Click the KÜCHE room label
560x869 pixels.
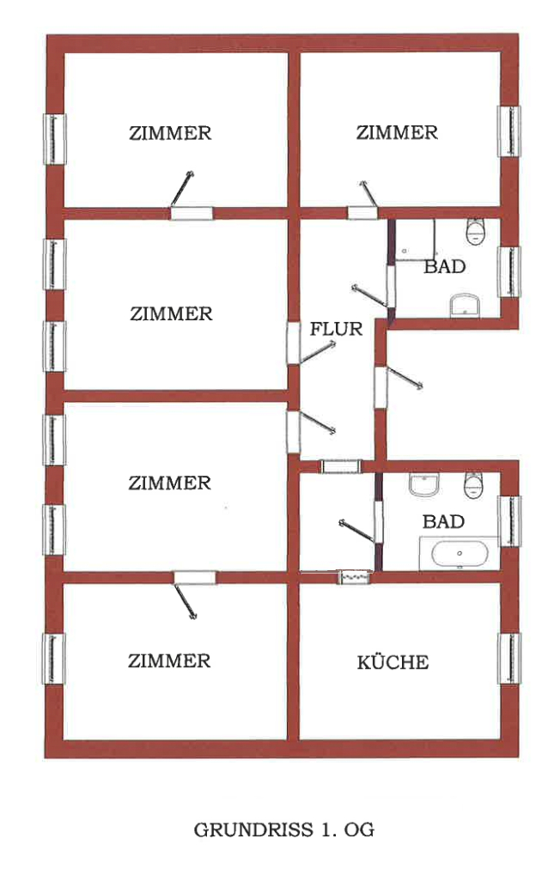click(x=393, y=663)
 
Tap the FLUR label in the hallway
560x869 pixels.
click(x=336, y=328)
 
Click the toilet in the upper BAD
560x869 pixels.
click(x=474, y=231)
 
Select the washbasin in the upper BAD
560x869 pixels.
click(x=465, y=305)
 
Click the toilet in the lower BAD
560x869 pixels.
click(x=475, y=484)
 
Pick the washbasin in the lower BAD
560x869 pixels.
click(x=424, y=485)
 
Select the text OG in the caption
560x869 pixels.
click(x=359, y=830)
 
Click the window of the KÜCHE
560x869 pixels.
click(x=510, y=659)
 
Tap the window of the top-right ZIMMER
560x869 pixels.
click(x=510, y=131)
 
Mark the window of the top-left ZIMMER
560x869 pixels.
click(x=55, y=138)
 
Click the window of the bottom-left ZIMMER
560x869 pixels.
click(x=55, y=659)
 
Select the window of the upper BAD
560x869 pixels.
click(x=510, y=271)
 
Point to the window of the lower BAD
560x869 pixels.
click(x=510, y=520)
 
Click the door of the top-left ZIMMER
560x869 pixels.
click(x=190, y=213)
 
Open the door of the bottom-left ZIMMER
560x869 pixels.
click(x=194, y=578)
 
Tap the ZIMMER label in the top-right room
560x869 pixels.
click(x=397, y=132)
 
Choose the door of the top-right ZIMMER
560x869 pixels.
click(x=362, y=212)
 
